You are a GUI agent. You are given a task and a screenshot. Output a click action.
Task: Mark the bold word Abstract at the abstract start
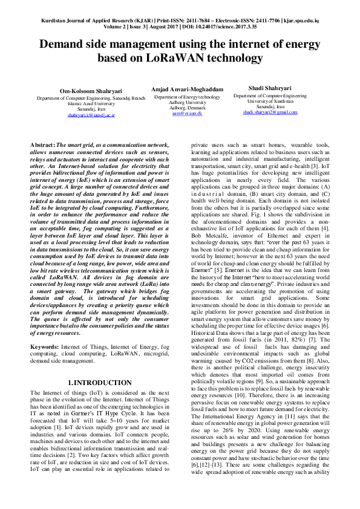coord(42,145)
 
